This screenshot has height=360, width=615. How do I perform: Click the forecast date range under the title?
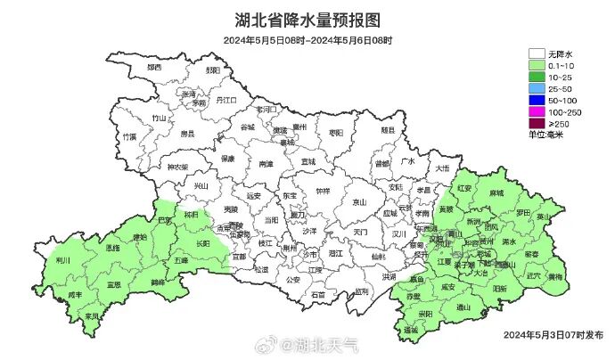tap(307, 41)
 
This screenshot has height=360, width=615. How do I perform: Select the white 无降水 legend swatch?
tap(536, 54)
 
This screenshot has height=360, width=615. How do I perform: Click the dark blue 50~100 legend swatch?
tap(536, 101)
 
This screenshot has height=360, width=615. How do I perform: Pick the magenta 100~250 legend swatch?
tap(536, 112)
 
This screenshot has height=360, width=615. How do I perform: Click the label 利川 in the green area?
tap(62, 261)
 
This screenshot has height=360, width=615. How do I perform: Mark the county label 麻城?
tap(496, 192)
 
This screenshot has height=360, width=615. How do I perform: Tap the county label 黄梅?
tap(556, 277)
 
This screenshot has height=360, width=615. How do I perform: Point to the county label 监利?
tap(360, 290)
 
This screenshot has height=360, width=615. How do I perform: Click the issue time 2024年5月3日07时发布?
tap(553, 334)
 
